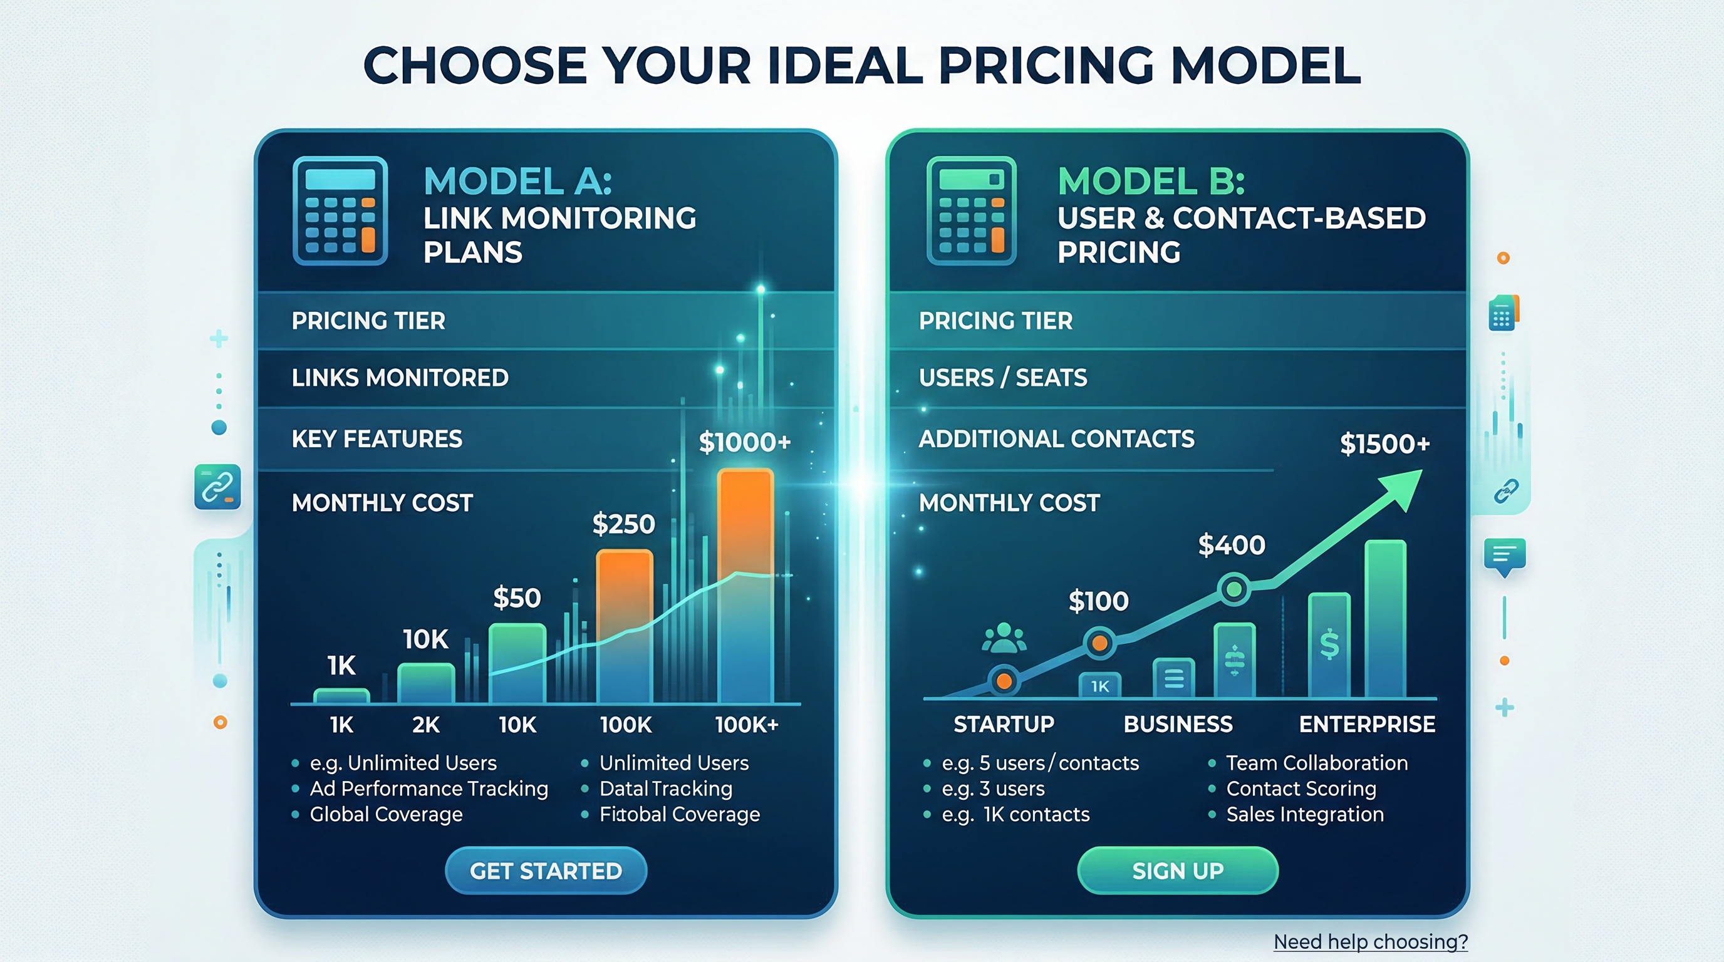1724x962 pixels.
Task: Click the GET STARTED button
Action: (x=546, y=871)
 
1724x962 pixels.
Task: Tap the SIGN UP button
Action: (x=1178, y=871)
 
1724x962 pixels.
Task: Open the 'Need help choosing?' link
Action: (x=1370, y=942)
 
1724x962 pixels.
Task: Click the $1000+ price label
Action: (x=745, y=442)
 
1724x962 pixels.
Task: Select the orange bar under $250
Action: (x=624, y=626)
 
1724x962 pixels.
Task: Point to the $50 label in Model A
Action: (x=517, y=597)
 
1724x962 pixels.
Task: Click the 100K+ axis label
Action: (x=746, y=725)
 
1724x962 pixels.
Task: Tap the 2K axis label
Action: (x=425, y=725)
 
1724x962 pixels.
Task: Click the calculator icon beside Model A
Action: (x=340, y=210)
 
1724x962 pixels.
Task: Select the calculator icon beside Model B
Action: (x=972, y=210)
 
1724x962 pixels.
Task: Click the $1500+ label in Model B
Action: (x=1384, y=443)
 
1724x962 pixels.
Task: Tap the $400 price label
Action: (x=1232, y=546)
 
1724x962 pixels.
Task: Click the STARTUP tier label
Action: (x=1004, y=724)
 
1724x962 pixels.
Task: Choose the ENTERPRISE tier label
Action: (x=1367, y=724)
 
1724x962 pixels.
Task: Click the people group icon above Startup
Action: (x=1004, y=638)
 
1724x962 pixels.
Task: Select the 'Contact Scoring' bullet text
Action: (x=1301, y=789)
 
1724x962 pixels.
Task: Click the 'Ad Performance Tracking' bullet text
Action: (x=429, y=789)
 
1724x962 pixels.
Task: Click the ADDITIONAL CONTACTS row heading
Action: (x=1056, y=439)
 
